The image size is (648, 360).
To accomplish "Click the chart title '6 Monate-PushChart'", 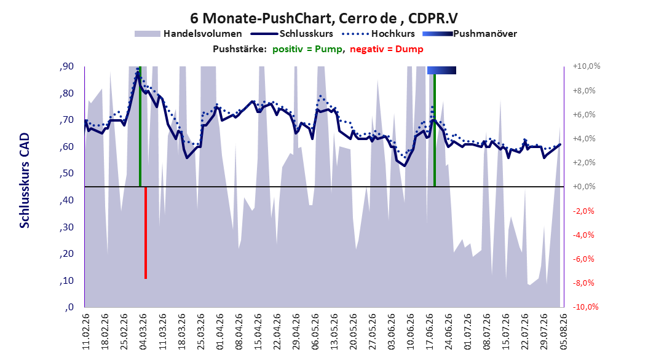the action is (x=261, y=18).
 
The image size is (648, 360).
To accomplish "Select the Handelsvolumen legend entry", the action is (x=188, y=34).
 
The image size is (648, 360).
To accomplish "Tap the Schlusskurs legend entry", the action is (x=292, y=34).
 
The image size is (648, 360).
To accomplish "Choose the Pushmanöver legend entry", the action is (x=470, y=34).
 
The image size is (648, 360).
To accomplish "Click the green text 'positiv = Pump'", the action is (x=307, y=49).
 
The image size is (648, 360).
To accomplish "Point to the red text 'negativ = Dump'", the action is (x=387, y=49).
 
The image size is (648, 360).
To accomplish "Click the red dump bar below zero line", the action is (x=146, y=233).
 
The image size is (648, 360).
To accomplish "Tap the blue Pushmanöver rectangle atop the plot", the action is (x=442, y=70).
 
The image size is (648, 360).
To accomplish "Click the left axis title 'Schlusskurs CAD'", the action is (x=25, y=181).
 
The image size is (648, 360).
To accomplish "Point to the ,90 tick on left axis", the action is (x=66, y=66).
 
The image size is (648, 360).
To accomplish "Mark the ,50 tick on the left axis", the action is (x=66, y=173).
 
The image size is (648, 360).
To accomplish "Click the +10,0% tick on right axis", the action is (x=587, y=66).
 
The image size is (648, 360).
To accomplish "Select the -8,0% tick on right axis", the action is (x=585, y=283).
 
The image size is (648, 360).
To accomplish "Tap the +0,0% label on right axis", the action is (x=584, y=187).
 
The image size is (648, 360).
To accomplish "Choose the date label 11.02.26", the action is (x=85, y=332).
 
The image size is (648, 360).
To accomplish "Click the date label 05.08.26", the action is (x=563, y=332).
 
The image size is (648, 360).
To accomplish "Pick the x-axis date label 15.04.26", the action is (x=258, y=332).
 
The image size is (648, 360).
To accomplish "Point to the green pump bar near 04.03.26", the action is (x=140, y=127).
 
